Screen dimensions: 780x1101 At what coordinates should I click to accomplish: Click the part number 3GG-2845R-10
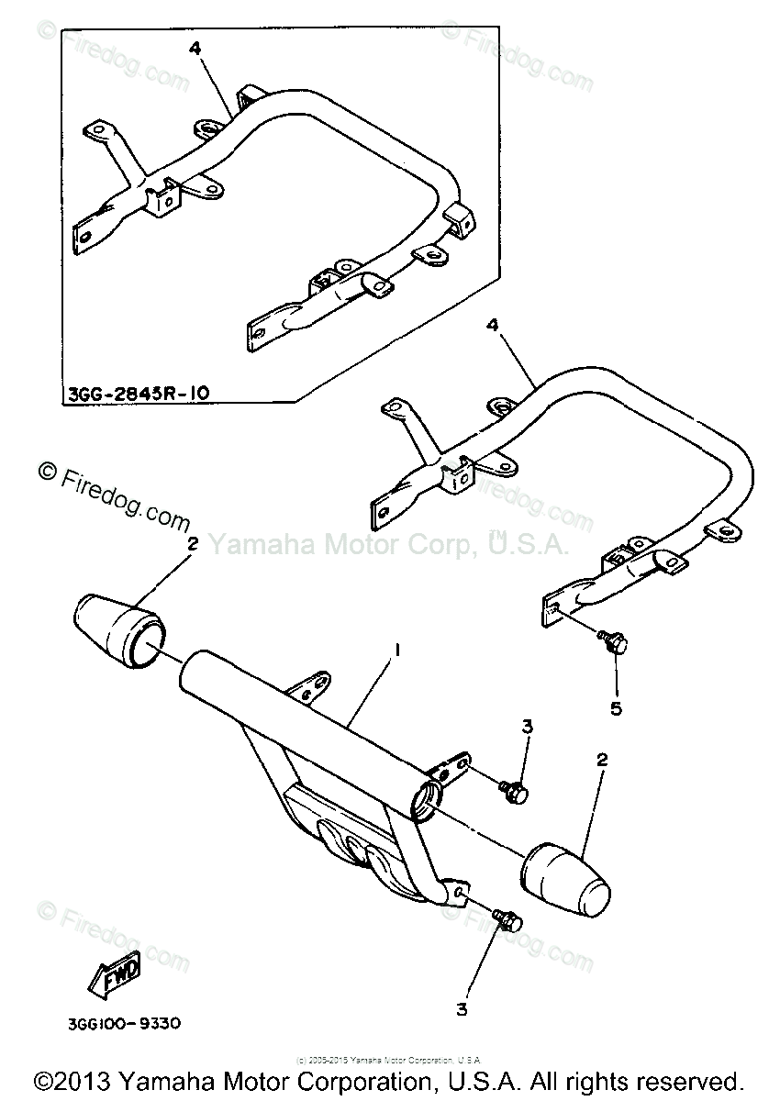coord(138,395)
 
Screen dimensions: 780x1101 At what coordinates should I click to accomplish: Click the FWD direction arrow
coord(115,976)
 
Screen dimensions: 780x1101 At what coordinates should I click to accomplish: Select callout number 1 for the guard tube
coord(396,650)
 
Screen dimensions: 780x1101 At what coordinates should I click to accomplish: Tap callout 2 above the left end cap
coord(193,544)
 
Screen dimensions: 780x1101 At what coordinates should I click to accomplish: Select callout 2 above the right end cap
coord(602,759)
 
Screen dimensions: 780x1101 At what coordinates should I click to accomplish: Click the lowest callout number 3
coord(462,1009)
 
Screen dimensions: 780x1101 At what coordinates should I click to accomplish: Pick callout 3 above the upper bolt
coord(527,727)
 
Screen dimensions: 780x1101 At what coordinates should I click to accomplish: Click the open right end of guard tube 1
coord(428,795)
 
